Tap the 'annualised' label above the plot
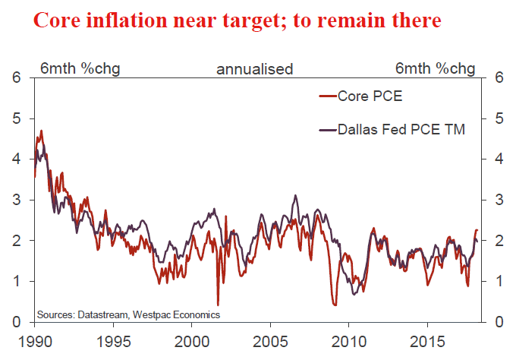[255, 69]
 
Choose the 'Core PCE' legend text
[371, 96]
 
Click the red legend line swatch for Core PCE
[328, 96]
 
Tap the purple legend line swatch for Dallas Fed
[328, 130]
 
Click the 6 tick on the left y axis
[17, 77]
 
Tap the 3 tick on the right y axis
[499, 200]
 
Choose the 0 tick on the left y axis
[17, 322]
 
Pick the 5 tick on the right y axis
[499, 118]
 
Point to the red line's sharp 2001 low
[218, 305]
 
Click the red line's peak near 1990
[41, 131]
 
